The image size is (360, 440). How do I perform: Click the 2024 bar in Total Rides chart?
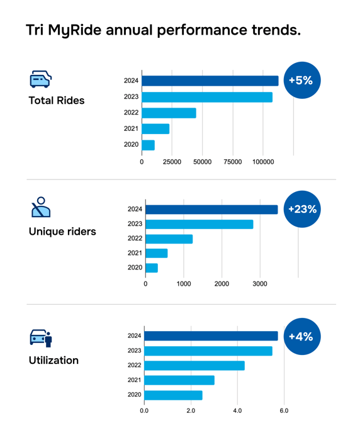(210, 81)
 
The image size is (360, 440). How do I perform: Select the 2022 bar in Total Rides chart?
(169, 113)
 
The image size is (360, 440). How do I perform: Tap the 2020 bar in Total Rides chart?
(148, 145)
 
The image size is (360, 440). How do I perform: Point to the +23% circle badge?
(302, 209)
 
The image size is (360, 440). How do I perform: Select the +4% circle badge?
(301, 337)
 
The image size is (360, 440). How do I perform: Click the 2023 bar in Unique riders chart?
(199, 224)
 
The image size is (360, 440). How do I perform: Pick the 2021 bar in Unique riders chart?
(156, 253)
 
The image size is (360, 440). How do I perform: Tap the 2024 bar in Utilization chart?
(211, 336)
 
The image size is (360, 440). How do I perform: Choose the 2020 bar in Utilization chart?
(173, 395)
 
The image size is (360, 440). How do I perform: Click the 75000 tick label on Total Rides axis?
(233, 162)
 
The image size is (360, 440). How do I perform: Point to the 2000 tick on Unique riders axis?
(222, 284)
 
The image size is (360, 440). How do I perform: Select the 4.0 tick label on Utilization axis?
(237, 411)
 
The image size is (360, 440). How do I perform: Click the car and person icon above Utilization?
(41, 338)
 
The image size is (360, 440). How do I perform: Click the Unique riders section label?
(62, 232)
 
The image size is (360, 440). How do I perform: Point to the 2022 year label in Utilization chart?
(135, 366)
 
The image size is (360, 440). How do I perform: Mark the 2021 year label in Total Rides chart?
(131, 128)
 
